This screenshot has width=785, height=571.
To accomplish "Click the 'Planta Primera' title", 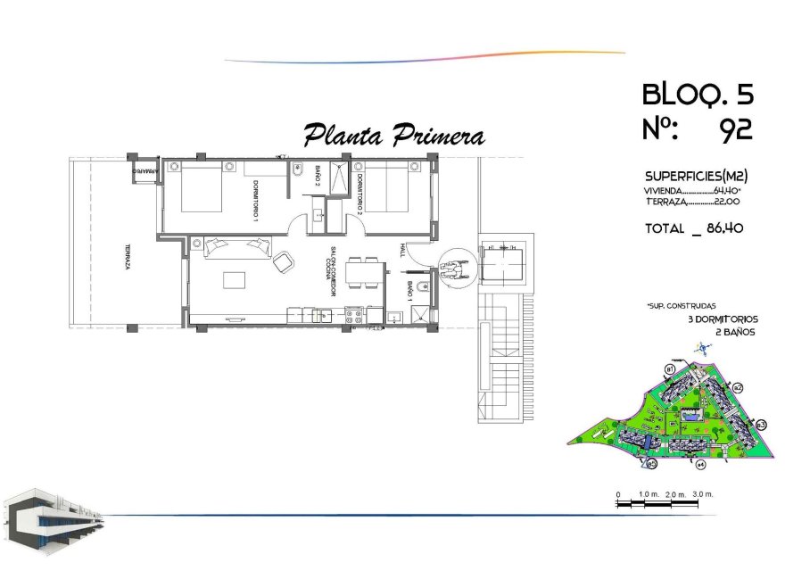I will click(393, 136).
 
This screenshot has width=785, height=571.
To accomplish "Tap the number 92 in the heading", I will click(736, 130).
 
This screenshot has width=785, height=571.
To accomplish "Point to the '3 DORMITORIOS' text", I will click(723, 319).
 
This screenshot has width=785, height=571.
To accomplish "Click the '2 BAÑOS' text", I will click(736, 332).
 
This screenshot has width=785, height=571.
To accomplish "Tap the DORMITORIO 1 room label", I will click(255, 201).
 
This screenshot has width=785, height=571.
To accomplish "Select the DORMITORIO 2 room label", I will click(359, 195).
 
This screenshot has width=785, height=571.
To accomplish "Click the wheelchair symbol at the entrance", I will click(454, 267).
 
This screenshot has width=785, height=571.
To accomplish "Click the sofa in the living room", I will click(236, 246).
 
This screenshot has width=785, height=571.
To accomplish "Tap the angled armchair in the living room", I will click(283, 262).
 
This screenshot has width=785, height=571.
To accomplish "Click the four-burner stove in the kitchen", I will click(352, 314).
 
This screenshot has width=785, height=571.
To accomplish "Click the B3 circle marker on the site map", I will click(761, 425).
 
